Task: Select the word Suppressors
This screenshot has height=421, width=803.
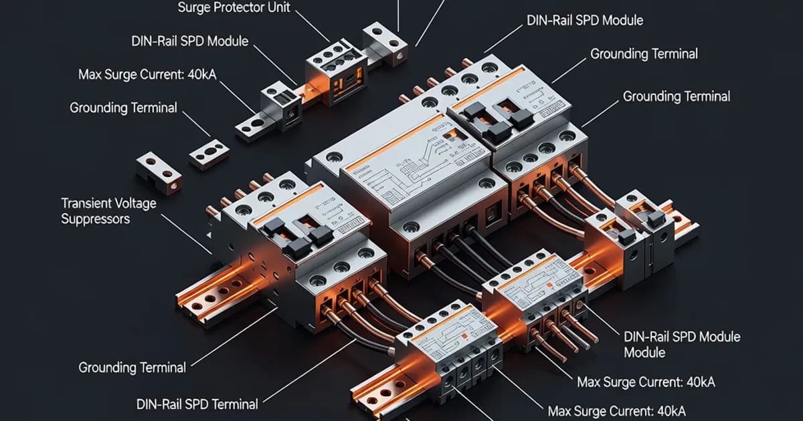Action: tap(95, 219)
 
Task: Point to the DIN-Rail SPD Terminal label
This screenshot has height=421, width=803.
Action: tap(197, 404)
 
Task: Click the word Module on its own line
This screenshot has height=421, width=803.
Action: tap(644, 352)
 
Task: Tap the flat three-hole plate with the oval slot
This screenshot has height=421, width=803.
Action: tap(209, 154)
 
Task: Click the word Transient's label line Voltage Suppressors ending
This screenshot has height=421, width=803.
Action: tap(95, 219)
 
